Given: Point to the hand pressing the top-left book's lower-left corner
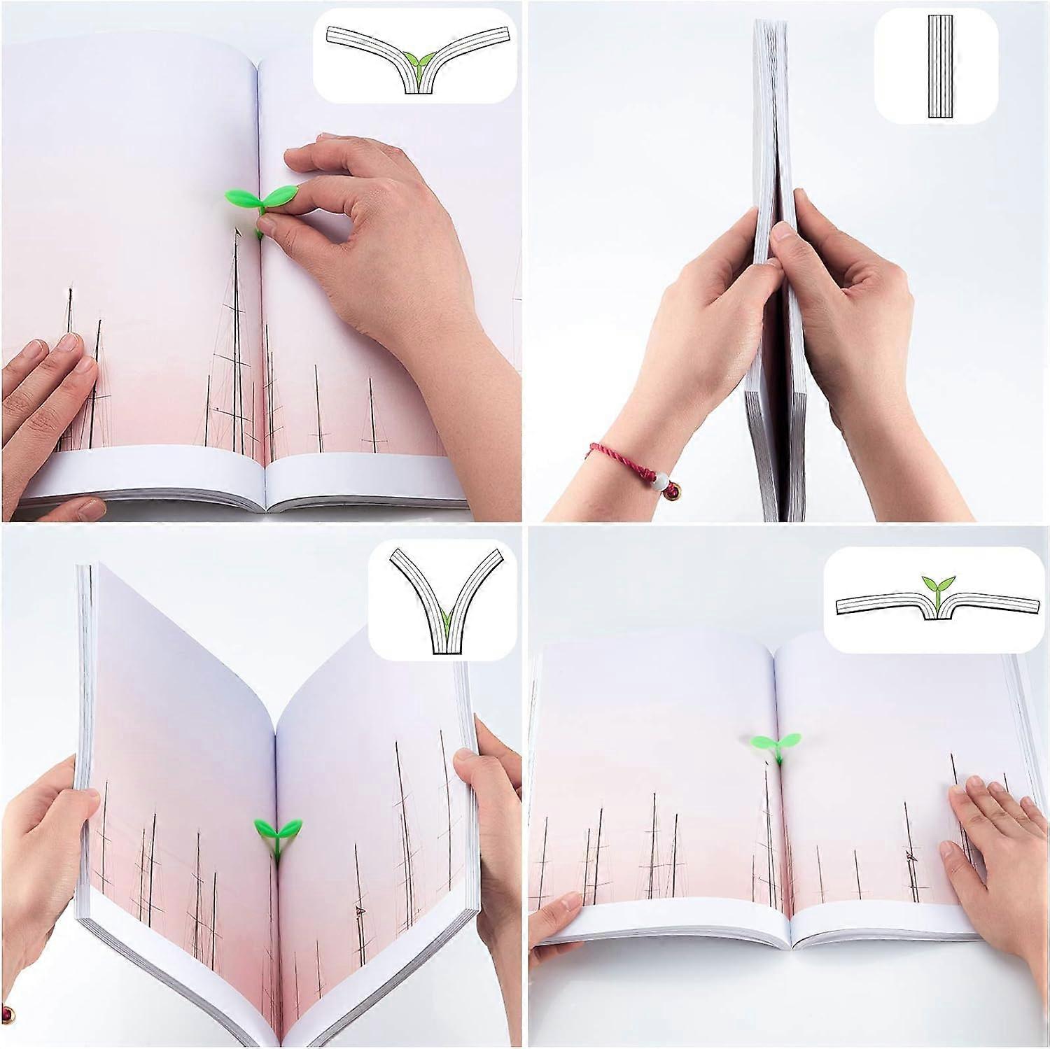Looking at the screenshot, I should pos(45,392).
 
